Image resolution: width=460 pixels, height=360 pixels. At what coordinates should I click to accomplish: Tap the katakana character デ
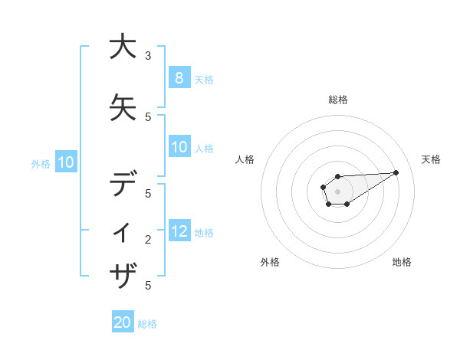(123, 185)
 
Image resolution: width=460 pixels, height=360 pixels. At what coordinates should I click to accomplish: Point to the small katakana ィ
(123, 231)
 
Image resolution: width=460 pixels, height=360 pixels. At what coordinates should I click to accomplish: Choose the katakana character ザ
(123, 274)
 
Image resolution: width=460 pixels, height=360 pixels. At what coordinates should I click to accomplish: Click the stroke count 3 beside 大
(148, 55)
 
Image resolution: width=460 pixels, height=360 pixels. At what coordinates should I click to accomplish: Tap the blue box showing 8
(179, 77)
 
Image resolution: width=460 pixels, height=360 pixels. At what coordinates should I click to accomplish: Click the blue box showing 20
(123, 322)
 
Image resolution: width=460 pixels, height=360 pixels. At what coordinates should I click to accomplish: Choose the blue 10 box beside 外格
(66, 162)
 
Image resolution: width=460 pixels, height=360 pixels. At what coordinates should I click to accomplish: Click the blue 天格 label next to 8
(204, 79)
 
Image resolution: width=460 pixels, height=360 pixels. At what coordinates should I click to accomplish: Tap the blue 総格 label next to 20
(147, 324)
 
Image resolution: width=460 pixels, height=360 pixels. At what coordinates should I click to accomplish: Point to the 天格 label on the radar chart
(431, 159)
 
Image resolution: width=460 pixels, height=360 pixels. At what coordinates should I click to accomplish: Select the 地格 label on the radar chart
(402, 262)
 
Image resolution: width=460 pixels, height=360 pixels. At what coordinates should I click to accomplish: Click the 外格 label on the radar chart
(270, 262)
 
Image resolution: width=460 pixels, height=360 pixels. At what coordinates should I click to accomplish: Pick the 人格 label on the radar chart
(245, 159)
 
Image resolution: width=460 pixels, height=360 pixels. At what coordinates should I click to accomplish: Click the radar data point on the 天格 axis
(396, 172)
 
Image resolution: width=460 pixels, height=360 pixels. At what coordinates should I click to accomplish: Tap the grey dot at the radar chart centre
(337, 191)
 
